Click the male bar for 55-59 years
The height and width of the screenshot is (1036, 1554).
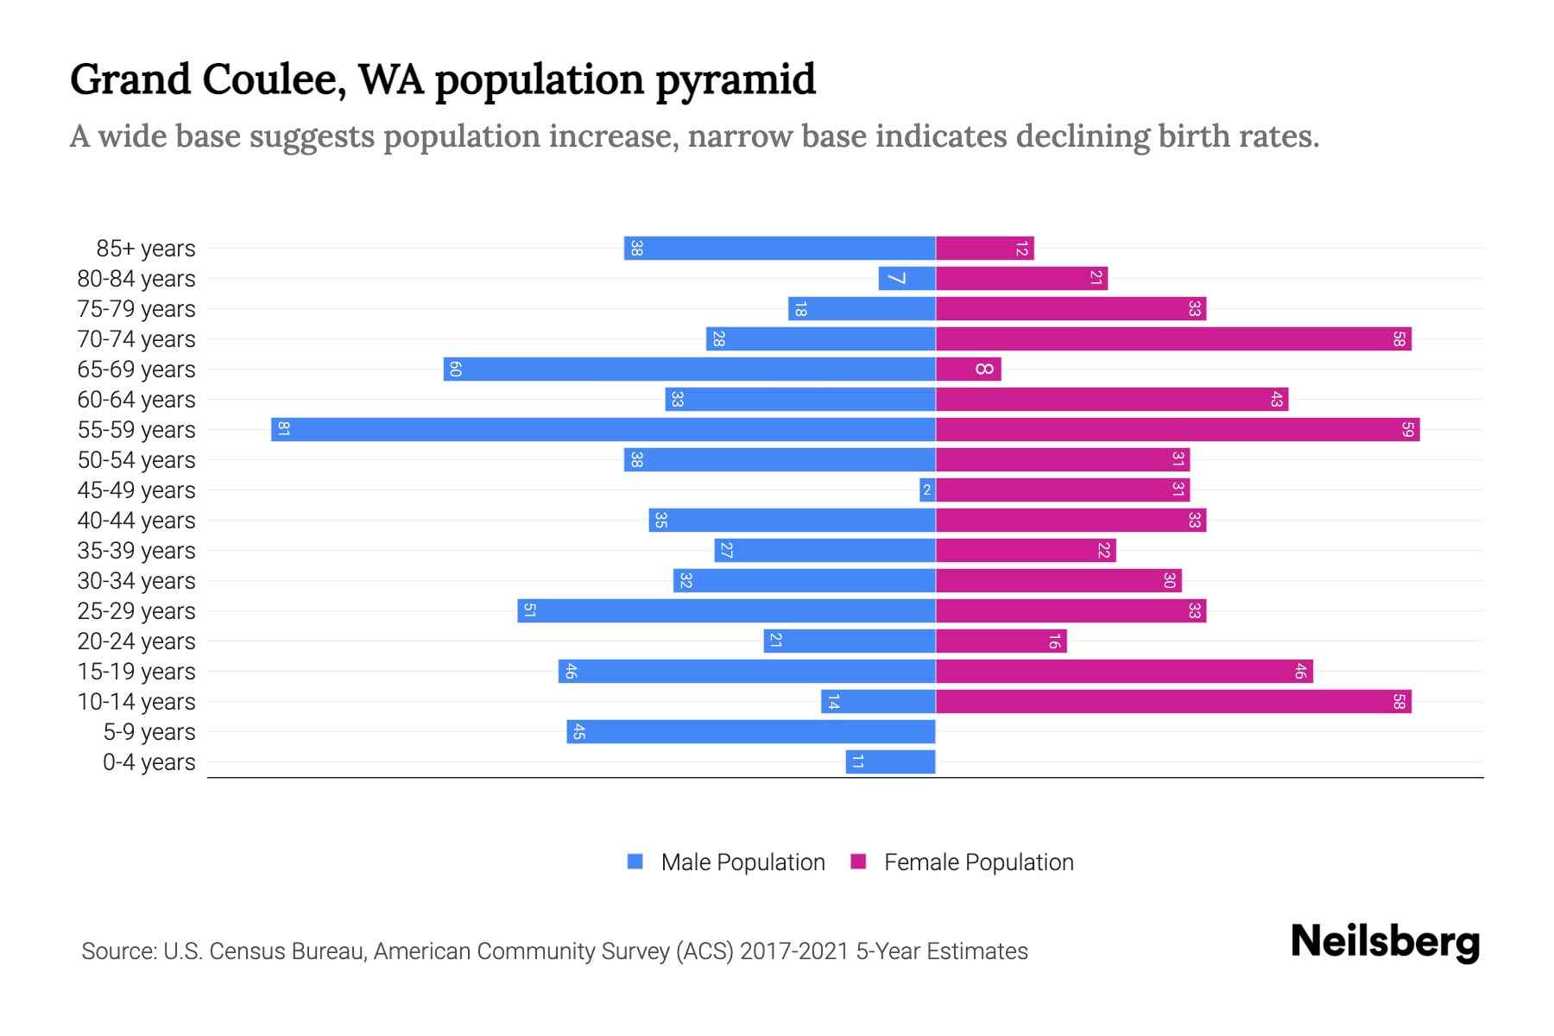tap(604, 430)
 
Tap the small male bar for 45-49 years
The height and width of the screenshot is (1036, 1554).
tap(927, 490)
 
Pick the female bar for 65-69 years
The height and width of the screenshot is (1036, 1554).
tap(968, 370)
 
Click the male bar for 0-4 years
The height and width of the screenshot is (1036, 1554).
tap(891, 762)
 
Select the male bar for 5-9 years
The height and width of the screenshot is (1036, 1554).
tap(751, 732)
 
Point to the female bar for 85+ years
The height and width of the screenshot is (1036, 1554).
tap(984, 249)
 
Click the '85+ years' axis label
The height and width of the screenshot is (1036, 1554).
tap(146, 249)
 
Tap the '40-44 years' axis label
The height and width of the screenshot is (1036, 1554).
tap(136, 521)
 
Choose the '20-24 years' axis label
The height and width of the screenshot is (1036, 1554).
tap(136, 641)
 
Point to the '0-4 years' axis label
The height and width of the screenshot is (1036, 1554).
tap(149, 762)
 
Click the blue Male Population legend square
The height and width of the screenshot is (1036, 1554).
tap(635, 862)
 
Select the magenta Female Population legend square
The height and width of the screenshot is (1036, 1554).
tap(858, 862)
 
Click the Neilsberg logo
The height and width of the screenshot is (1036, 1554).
tap(1385, 942)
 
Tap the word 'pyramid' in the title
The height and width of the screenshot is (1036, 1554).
tap(735, 79)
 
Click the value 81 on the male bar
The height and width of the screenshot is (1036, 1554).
tap(283, 430)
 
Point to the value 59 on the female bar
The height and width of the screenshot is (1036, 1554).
tap(1407, 430)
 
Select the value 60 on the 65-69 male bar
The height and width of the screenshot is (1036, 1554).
tap(456, 370)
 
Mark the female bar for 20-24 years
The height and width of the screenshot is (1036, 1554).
tap(1001, 641)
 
